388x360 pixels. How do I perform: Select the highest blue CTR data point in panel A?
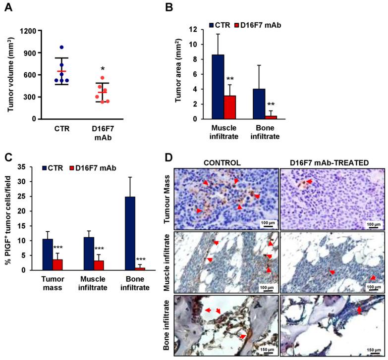(x=61, y=48)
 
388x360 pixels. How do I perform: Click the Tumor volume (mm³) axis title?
(x=11, y=75)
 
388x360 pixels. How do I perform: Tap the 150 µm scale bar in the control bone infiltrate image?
(x=265, y=346)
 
